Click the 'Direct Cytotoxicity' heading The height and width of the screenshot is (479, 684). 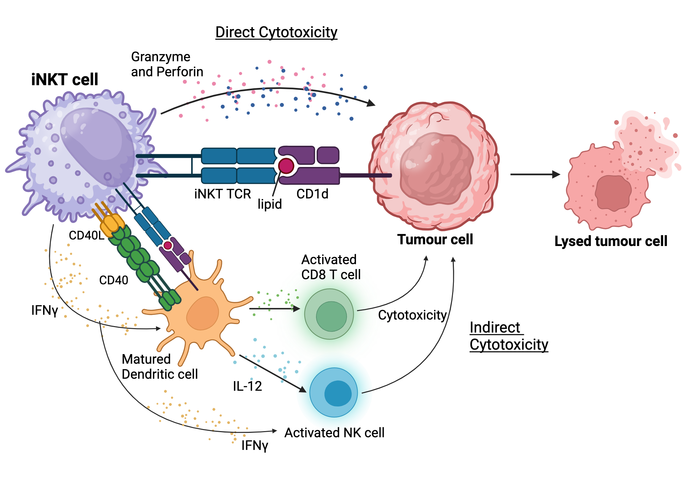[276, 33]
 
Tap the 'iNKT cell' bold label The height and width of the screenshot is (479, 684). [65, 80]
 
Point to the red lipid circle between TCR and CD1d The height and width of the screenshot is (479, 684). [286, 166]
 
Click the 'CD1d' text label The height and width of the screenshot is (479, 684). [312, 194]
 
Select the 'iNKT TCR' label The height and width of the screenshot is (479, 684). [223, 194]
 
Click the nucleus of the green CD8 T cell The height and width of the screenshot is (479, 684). [331, 316]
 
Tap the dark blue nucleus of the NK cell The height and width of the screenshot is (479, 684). [338, 393]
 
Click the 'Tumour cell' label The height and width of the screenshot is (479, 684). [435, 239]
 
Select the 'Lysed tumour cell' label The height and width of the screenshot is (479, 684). [610, 241]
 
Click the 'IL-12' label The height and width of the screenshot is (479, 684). [247, 386]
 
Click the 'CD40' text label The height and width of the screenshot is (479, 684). [114, 280]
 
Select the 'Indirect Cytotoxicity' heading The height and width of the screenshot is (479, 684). [509, 336]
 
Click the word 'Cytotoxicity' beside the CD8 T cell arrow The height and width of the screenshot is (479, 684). [412, 315]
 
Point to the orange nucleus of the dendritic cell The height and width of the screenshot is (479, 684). [203, 313]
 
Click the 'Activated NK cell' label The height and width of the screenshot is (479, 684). [334, 433]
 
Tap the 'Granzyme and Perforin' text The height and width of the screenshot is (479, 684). [167, 64]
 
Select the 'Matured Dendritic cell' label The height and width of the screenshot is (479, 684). [160, 367]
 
